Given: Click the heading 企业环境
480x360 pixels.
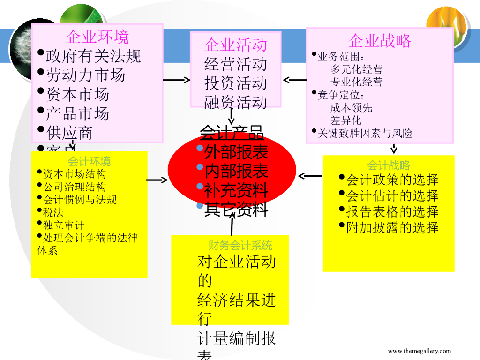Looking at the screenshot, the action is pos(97,36).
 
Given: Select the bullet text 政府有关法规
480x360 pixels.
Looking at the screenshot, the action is pos(93,56).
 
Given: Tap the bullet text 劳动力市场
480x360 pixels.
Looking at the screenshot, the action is pos(85,75).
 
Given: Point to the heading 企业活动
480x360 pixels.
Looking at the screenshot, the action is pos(235,45).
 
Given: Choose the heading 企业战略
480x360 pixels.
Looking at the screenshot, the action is pos(380,41).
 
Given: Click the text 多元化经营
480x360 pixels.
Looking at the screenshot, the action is pos(356,69).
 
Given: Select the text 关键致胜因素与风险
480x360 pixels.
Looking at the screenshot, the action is pos(365,134).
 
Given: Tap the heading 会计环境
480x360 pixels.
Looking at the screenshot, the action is pos(90,162).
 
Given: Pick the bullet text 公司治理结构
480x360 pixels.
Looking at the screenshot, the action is pos(75,187).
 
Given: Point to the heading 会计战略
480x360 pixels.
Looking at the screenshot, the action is pos(389,165).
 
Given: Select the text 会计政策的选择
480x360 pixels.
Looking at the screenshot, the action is pos(392,180).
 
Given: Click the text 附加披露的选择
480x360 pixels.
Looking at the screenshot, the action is pos(392,228).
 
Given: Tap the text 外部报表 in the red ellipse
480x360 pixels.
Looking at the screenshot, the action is pos(236,152).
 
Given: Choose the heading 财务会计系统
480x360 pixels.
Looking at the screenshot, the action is pos(240,245).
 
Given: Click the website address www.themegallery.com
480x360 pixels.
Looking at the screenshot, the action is pos(419,351).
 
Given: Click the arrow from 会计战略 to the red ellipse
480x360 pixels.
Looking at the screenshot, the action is pos(310,176).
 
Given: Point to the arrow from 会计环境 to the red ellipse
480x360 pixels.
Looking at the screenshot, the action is pos(157,180).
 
